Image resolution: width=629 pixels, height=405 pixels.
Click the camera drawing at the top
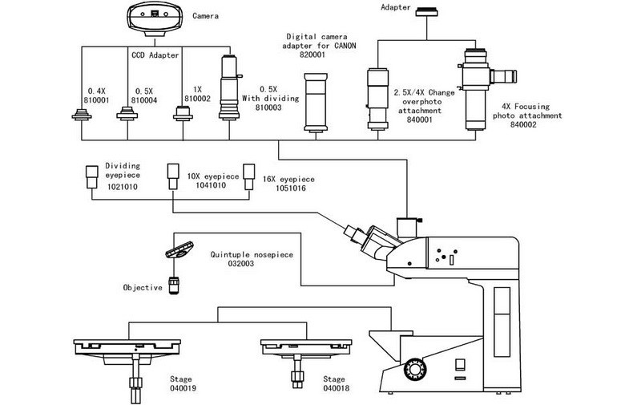(155, 18)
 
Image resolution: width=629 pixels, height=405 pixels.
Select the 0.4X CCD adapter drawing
(82, 115)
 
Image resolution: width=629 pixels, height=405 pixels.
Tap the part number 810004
(144, 100)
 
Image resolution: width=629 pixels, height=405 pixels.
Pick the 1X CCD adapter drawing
(183, 113)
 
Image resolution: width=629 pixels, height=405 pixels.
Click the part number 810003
(268, 107)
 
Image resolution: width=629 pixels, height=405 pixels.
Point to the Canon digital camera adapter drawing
(316, 103)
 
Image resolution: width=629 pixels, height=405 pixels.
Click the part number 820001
(312, 55)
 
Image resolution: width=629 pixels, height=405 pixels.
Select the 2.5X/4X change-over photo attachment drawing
(377, 99)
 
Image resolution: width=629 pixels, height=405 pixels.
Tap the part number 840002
(523, 124)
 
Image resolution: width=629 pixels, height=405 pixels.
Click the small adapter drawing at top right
(426, 12)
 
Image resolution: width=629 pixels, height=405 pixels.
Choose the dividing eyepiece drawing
(92, 177)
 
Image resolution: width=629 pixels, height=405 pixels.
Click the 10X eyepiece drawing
(173, 176)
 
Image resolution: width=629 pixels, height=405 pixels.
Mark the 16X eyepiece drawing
(249, 176)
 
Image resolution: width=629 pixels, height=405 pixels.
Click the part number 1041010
(211, 185)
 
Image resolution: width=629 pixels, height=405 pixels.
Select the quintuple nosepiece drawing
(179, 249)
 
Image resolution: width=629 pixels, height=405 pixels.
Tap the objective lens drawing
(173, 286)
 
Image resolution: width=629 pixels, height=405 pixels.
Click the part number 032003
(241, 263)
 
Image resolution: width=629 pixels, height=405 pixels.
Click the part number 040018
(337, 388)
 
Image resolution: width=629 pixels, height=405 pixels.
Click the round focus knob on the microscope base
(415, 369)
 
